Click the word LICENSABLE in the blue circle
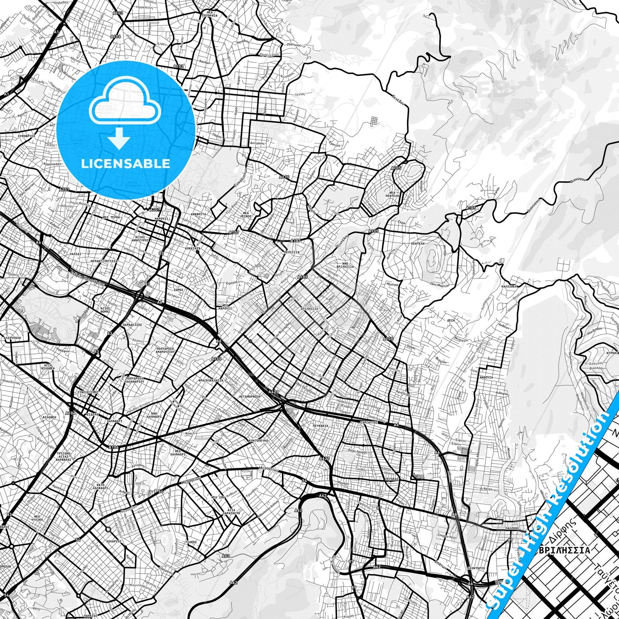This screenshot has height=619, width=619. pyautogui.click(x=125, y=164)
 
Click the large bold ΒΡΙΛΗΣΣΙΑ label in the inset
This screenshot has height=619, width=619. pyautogui.click(x=564, y=550)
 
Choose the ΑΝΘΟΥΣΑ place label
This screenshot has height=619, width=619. pyautogui.click(x=486, y=377)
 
